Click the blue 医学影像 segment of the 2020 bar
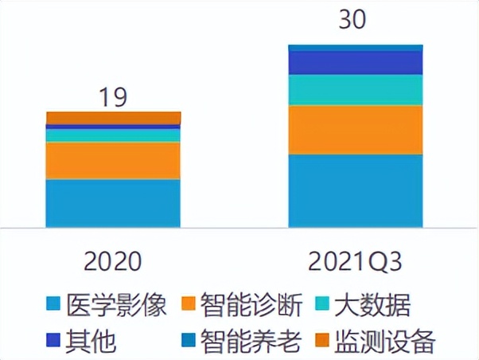113,203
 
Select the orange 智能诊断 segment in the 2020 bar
113,161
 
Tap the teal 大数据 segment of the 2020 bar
113,135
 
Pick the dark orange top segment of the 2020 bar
113,118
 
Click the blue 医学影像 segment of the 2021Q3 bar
355,191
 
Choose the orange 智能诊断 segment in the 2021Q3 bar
355,130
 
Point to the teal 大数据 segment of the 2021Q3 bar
355,90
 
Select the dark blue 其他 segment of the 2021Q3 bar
355,63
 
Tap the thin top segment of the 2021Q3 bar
355,48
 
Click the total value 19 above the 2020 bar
113,97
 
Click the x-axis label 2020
113,261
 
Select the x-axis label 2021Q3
355,261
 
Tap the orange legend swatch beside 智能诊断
185,305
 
